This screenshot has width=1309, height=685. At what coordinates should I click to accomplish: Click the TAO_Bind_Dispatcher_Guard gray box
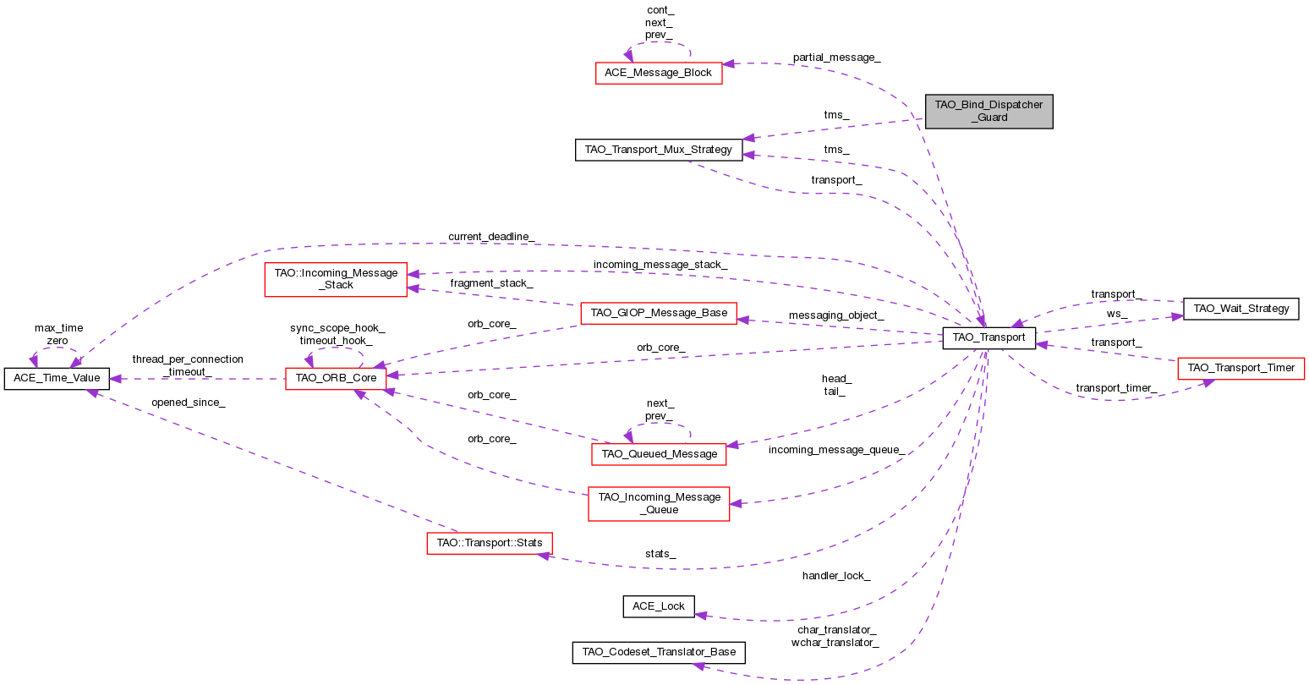(989, 111)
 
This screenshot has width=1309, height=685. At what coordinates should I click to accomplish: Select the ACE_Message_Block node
(658, 73)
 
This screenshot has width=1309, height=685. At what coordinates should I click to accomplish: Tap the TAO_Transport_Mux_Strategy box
(659, 150)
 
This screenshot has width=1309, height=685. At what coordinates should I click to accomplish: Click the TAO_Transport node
(989, 337)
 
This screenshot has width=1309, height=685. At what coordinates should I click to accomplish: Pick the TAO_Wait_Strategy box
(1240, 309)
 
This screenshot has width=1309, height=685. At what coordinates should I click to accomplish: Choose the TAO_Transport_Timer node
(1241, 368)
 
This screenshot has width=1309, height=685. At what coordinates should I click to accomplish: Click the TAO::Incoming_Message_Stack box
(336, 279)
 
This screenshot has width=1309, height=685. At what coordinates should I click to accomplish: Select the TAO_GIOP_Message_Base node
(659, 313)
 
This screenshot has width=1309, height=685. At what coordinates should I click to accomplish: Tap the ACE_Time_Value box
(57, 378)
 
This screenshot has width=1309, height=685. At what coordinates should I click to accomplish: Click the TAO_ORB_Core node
(336, 378)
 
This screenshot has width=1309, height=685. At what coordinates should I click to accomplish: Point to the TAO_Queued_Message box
(659, 454)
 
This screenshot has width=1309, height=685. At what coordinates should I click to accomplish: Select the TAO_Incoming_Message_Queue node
(659, 503)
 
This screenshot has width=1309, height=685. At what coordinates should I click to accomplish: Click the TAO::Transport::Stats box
(489, 542)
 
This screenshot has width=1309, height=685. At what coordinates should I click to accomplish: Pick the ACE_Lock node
(659, 606)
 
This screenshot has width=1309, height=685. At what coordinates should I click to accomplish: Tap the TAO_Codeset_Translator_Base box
(659, 652)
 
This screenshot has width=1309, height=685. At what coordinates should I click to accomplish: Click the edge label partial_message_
(836, 58)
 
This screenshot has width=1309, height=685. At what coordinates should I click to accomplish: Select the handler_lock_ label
(835, 576)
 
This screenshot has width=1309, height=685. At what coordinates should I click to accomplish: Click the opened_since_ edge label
(188, 403)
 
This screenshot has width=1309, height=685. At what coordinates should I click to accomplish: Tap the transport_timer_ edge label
(1115, 388)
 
